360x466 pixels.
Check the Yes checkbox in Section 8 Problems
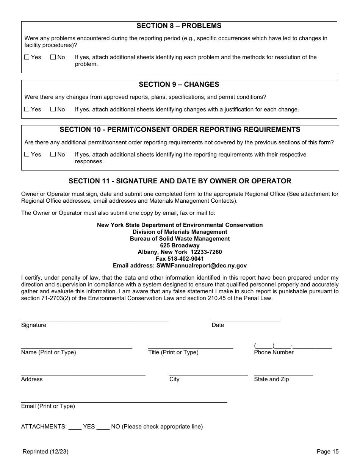27,57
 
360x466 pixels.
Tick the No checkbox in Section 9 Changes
53,109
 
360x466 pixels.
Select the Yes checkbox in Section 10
27,155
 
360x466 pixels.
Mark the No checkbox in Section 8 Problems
53,57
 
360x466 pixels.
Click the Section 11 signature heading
180,181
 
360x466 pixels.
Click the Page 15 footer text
327,451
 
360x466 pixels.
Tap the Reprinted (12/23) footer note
45,451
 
